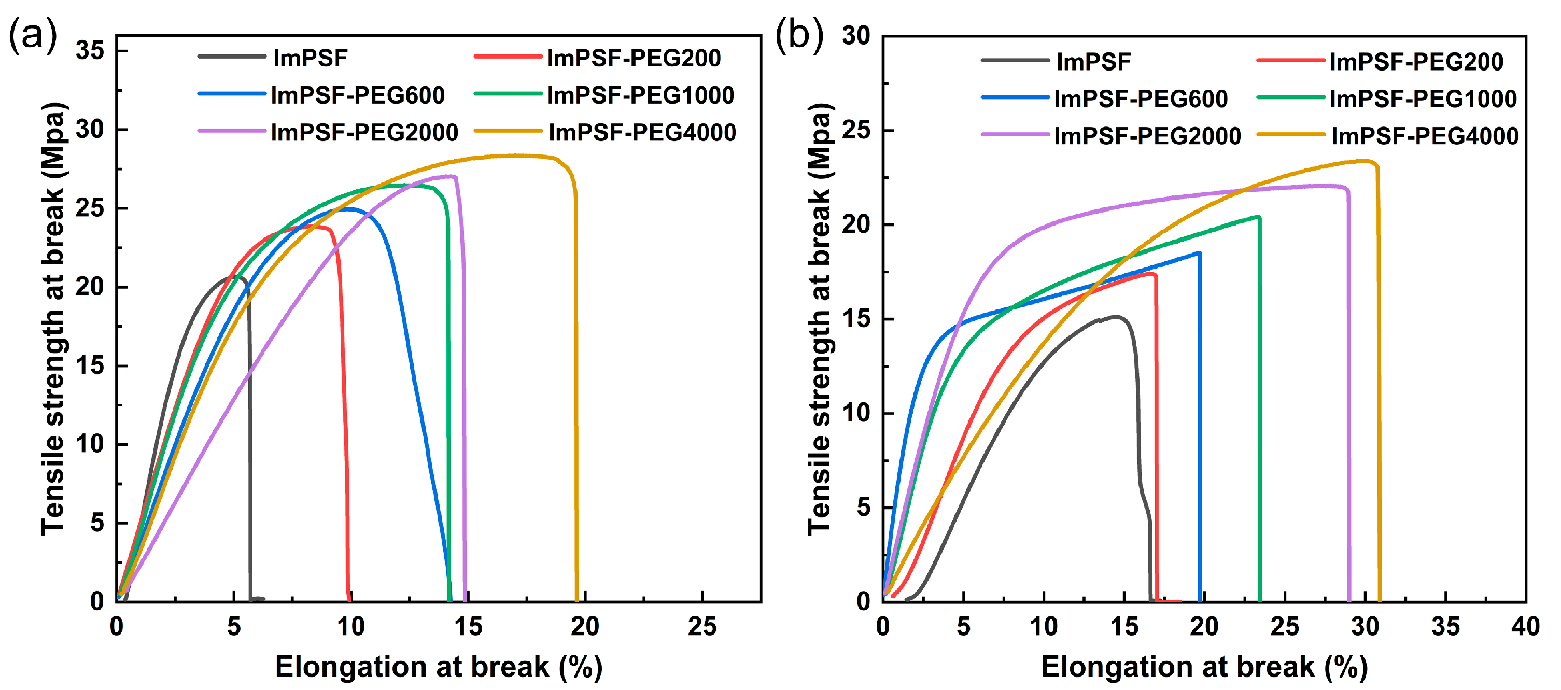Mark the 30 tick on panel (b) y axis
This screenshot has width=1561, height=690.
tap(856, 36)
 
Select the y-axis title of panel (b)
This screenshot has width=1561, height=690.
tap(819, 318)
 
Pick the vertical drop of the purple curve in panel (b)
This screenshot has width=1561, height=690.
tap(1348, 394)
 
